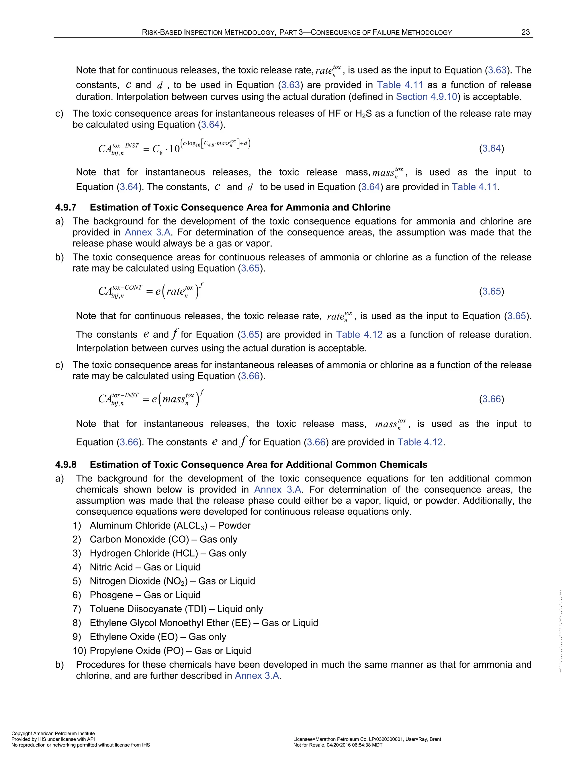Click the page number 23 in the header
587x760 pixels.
click(525, 32)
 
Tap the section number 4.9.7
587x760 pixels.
click(66, 207)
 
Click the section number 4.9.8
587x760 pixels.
click(66, 465)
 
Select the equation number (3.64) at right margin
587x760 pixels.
click(491, 149)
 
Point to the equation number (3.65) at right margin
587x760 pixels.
click(491, 291)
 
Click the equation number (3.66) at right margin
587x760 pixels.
click(491, 399)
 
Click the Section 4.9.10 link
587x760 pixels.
click(426, 97)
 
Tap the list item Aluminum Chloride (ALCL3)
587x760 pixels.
click(148, 525)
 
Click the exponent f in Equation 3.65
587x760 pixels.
click(202, 285)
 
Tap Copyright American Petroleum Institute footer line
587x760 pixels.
click(53, 734)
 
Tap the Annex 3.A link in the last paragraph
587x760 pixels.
click(257, 676)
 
